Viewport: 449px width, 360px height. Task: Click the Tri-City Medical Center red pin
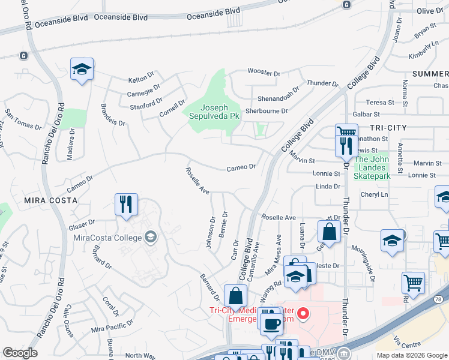(x=304, y=314)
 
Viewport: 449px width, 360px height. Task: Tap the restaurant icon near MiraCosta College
(x=126, y=205)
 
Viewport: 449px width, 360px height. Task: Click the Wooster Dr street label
(x=264, y=72)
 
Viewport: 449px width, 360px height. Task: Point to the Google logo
(x=20, y=353)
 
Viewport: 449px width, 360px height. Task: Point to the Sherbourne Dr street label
(x=267, y=111)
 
